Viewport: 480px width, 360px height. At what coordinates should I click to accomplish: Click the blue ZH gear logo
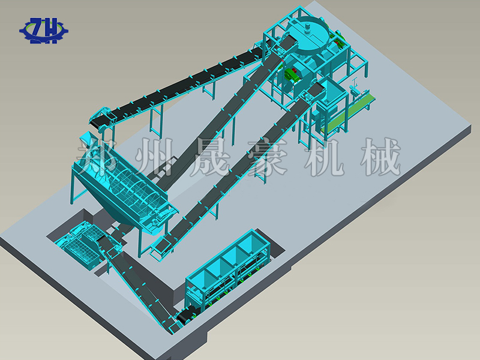click(x=44, y=31)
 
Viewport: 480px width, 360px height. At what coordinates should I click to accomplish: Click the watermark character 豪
click(x=268, y=157)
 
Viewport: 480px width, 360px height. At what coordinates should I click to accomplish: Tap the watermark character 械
click(x=381, y=157)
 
